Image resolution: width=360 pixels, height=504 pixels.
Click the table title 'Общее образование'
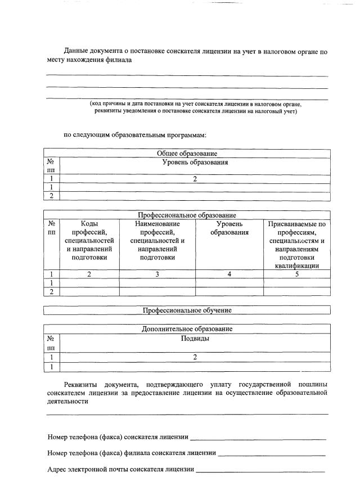[187, 153]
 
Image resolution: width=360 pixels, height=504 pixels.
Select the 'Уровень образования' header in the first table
[195, 163]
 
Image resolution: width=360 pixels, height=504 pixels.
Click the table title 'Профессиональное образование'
[187, 215]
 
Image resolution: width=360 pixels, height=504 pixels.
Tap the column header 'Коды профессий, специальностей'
[89, 240]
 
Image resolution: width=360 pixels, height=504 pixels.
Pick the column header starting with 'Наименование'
[157, 240]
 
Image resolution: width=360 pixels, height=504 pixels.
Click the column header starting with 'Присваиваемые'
[296, 245]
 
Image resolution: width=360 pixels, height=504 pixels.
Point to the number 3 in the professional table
[157, 274]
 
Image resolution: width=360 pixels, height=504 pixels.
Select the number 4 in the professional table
[229, 274]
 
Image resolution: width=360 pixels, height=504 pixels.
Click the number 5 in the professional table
[296, 274]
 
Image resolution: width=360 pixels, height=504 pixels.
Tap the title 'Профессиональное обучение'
[187, 310]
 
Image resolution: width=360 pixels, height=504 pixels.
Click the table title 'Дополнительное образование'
[187, 329]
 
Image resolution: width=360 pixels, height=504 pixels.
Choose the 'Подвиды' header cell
[195, 339]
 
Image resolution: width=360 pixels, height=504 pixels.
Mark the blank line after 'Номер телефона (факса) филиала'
[271, 454]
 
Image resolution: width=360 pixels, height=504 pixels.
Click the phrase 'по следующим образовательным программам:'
[135, 135]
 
